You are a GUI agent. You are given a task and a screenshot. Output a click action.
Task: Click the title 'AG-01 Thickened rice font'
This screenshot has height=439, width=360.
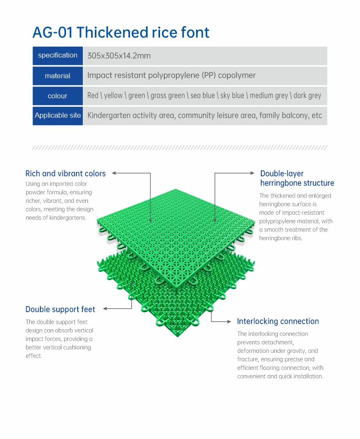coord(121,33)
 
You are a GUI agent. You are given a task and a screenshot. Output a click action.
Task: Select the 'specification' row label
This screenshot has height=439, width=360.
coord(58,55)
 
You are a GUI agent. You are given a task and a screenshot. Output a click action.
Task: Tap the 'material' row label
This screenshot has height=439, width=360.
coord(58,75)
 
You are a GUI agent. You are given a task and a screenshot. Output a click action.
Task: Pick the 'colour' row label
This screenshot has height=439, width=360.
coord(57,96)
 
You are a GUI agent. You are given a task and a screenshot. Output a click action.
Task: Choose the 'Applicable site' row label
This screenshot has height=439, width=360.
coord(58,115)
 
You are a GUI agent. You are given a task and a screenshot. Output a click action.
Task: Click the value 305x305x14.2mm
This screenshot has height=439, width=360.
coord(119,56)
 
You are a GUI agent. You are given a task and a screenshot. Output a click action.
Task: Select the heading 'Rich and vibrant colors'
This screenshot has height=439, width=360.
coord(66,174)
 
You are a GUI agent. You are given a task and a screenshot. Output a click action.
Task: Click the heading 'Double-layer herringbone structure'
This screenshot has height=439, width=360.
coord(297,178)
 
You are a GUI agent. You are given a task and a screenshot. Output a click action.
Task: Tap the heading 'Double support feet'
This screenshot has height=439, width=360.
coord(60,310)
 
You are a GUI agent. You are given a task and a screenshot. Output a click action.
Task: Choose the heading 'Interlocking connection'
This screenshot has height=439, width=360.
coord(278,321)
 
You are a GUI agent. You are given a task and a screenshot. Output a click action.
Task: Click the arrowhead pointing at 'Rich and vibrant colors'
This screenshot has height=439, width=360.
coord(113,173)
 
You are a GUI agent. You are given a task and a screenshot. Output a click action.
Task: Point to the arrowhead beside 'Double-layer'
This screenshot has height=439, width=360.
coord(252,173)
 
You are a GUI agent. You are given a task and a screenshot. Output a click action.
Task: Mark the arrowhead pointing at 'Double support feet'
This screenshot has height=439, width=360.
coord(105,309)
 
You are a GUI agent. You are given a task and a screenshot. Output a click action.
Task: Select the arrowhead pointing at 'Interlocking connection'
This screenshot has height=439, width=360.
coord(229,322)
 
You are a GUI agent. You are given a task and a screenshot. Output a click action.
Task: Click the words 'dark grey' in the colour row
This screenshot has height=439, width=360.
coord(307,96)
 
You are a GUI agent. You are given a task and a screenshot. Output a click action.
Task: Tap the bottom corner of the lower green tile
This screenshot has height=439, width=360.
coord(177,337)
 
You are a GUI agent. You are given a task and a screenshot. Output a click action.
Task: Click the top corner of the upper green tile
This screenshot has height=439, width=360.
coord(175,189)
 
